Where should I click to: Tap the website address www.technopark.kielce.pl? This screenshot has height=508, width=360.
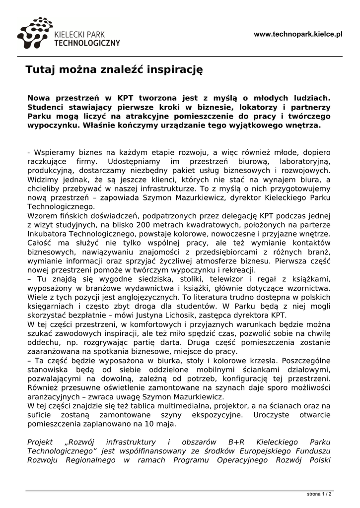coord(298,34)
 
